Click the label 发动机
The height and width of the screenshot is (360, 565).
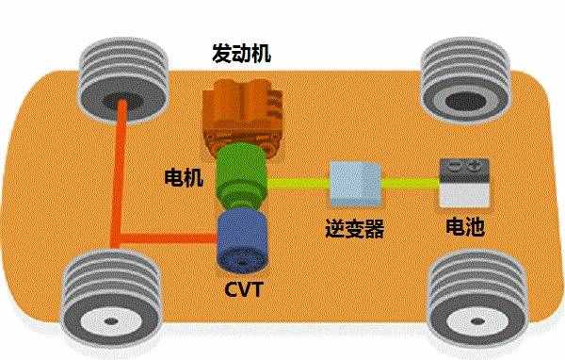click(x=240, y=52)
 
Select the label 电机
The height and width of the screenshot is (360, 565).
click(x=182, y=176)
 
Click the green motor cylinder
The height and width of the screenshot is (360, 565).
click(x=242, y=178)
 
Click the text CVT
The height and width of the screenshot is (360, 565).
click(x=242, y=284)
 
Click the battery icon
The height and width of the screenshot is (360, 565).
click(x=465, y=183)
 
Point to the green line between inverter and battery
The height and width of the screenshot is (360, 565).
click(x=410, y=181)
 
